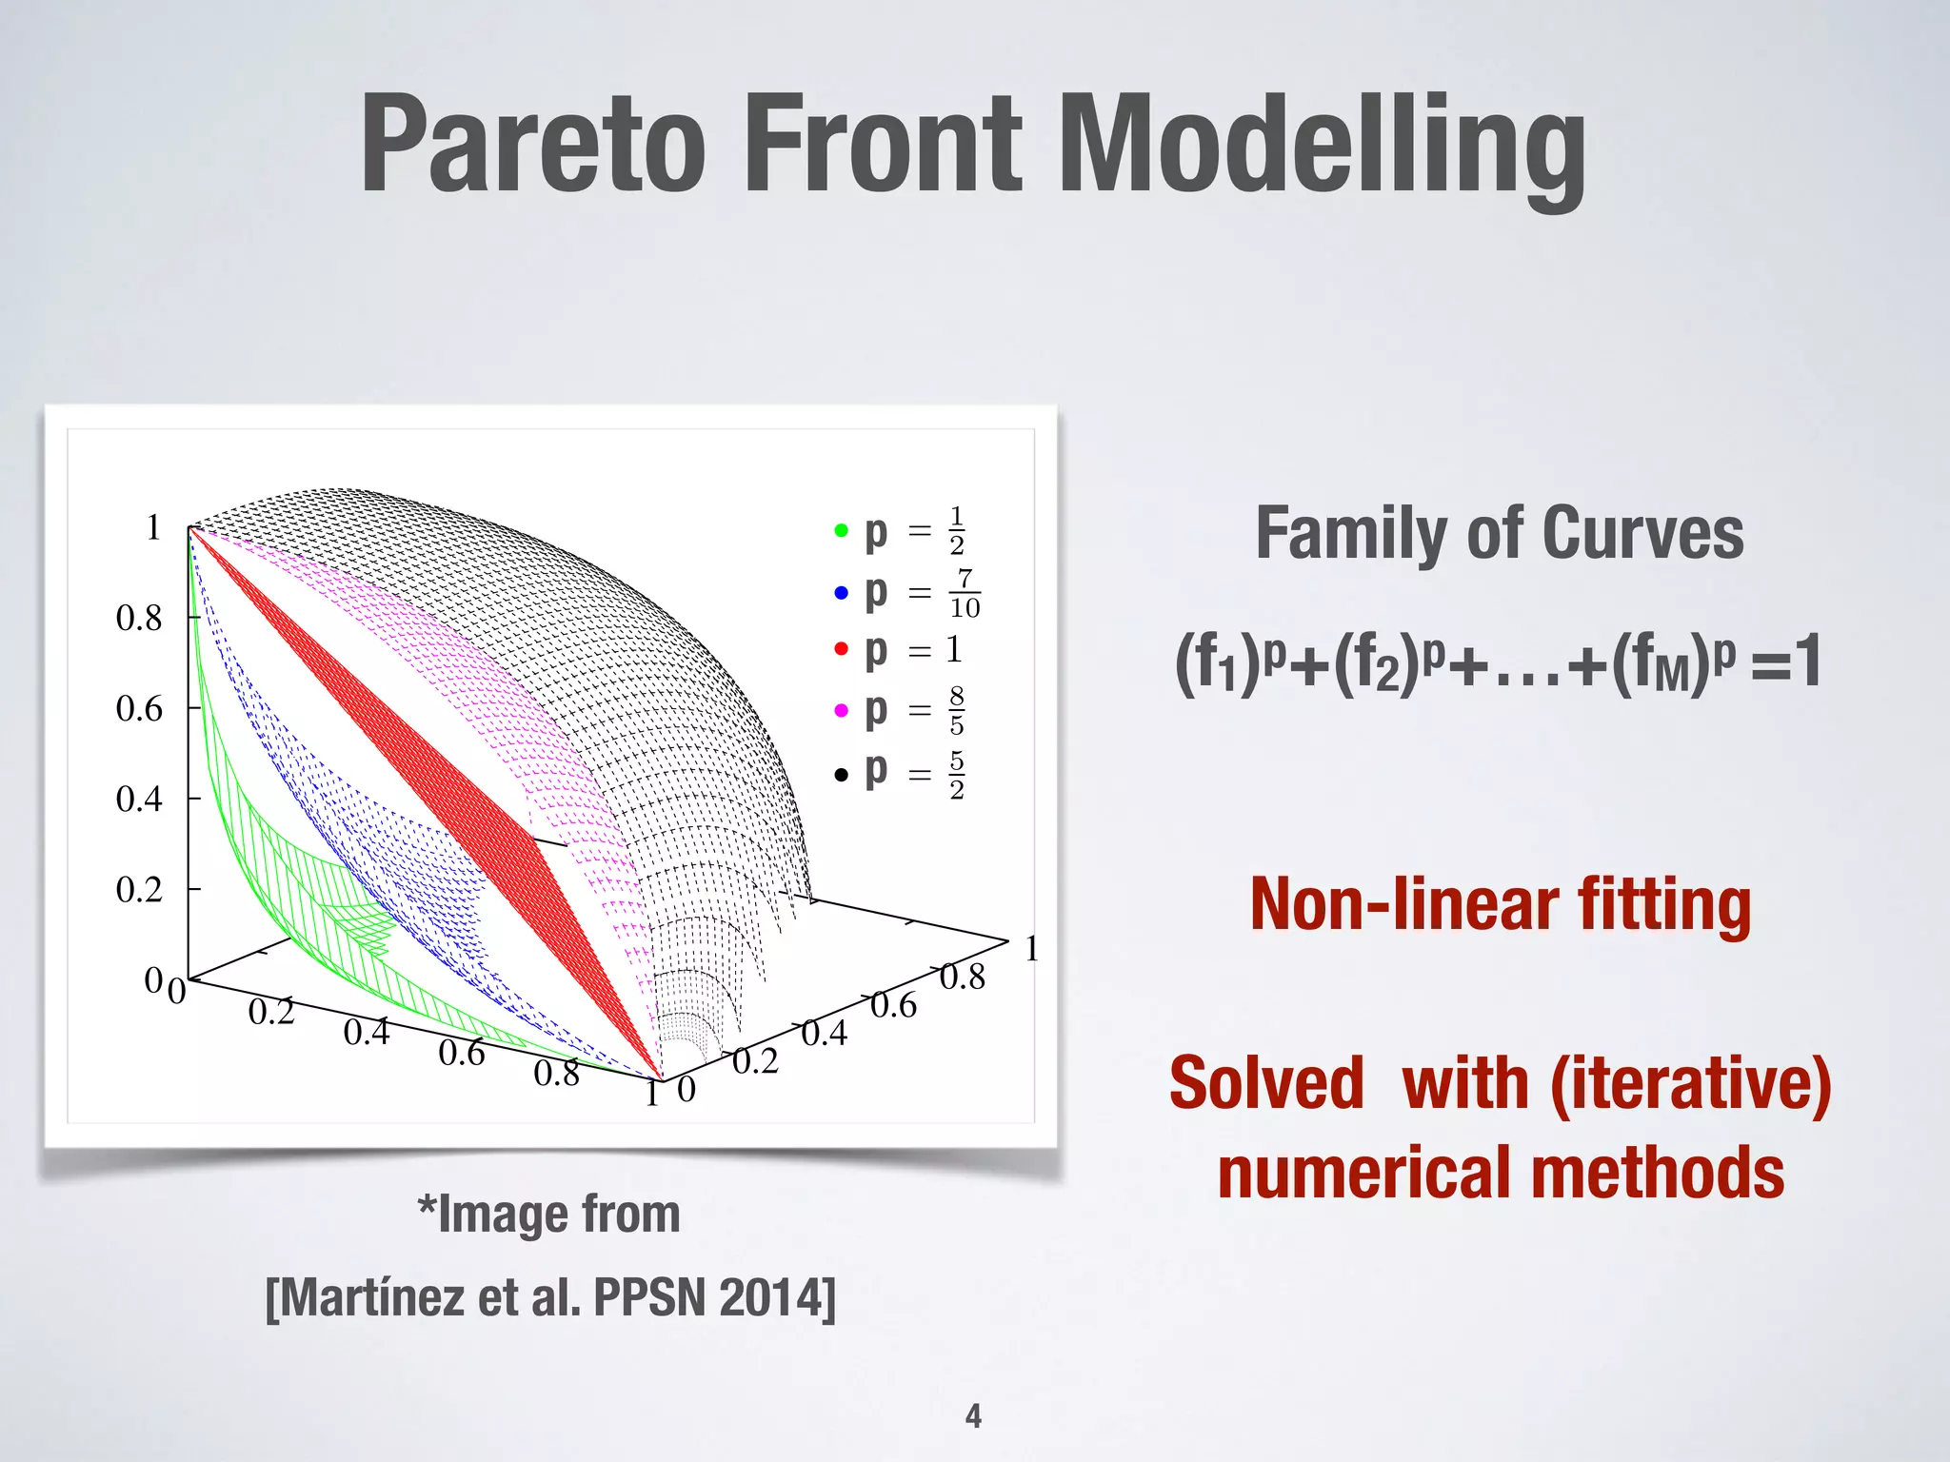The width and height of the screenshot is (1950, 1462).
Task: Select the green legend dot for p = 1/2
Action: click(x=841, y=530)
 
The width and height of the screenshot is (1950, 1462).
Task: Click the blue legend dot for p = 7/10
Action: click(x=841, y=593)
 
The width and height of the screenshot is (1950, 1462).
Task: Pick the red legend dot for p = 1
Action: click(x=841, y=649)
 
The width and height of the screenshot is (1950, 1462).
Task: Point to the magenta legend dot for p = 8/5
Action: click(x=841, y=710)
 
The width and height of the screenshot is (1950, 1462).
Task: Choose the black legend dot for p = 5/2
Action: click(x=841, y=775)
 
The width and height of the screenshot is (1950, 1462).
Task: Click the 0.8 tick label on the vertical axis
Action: click(x=139, y=619)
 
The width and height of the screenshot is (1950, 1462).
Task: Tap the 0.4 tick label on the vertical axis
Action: click(x=139, y=800)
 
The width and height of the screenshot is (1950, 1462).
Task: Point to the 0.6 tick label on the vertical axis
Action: click(x=139, y=709)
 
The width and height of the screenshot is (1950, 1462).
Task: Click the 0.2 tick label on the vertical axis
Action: click(x=139, y=890)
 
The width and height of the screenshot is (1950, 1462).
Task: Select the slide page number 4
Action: click(x=973, y=1415)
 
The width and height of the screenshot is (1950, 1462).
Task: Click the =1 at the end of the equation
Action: click(x=1786, y=662)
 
